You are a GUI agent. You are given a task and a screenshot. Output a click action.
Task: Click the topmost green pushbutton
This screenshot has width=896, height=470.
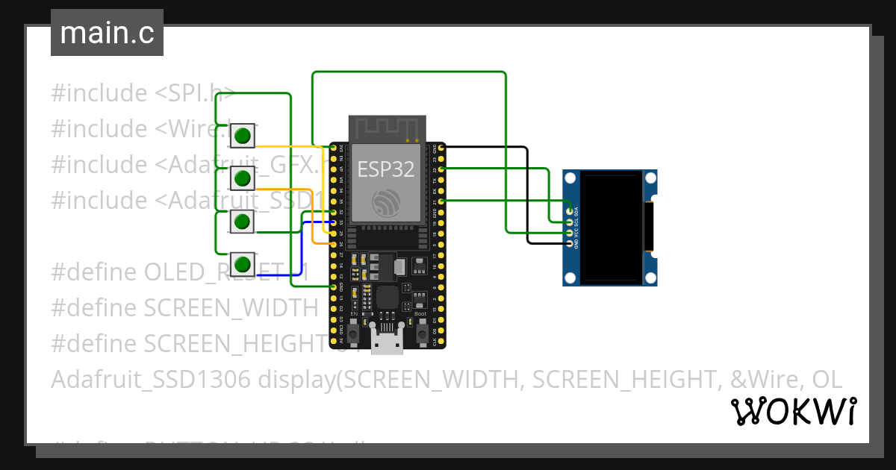click(242, 136)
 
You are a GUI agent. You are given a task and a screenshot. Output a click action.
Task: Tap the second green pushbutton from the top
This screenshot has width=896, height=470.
click(242, 178)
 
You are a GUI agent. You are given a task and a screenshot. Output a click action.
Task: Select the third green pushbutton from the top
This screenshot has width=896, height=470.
click(242, 221)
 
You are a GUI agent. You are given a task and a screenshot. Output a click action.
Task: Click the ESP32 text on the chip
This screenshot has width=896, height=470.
click(385, 169)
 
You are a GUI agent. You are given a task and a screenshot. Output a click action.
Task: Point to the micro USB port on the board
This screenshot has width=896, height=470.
click(387, 342)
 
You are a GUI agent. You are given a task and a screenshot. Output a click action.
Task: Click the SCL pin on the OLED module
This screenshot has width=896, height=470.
click(570, 222)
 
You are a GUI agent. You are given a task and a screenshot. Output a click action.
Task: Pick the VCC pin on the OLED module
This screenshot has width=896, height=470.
click(570, 233)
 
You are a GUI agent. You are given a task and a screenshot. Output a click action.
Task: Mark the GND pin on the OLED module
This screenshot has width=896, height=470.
click(570, 243)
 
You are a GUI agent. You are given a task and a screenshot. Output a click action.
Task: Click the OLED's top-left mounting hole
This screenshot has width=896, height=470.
click(571, 178)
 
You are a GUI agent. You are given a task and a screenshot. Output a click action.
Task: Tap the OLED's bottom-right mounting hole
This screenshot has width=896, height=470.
click(650, 278)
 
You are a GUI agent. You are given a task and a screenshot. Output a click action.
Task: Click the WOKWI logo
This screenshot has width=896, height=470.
click(793, 411)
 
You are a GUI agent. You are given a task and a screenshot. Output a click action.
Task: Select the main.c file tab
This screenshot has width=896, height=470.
click(107, 33)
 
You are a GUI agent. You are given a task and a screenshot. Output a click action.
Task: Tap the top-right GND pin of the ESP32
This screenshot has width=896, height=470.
click(441, 149)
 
